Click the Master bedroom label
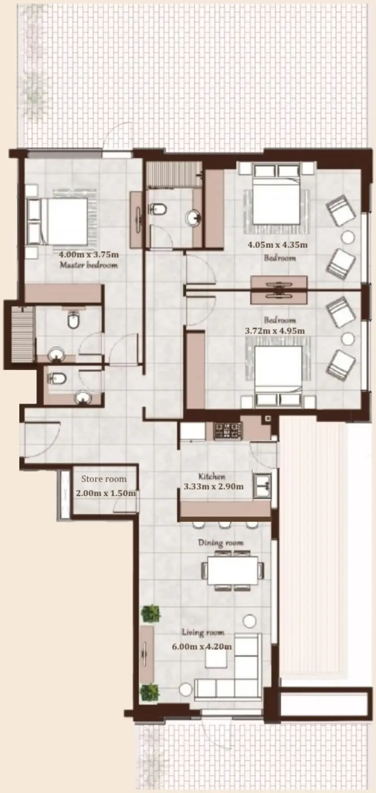coord(89,265)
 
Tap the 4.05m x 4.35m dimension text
coord(278,245)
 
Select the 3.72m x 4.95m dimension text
coord(275,331)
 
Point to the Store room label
coord(104,479)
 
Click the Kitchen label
coord(212,477)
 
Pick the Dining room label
coord(221,543)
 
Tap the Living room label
coord(203,632)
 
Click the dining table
coord(232,570)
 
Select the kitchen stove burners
coord(228,431)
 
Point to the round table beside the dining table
coord(249,621)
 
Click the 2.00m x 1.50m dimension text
coord(106,493)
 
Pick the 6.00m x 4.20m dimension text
coord(202,647)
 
